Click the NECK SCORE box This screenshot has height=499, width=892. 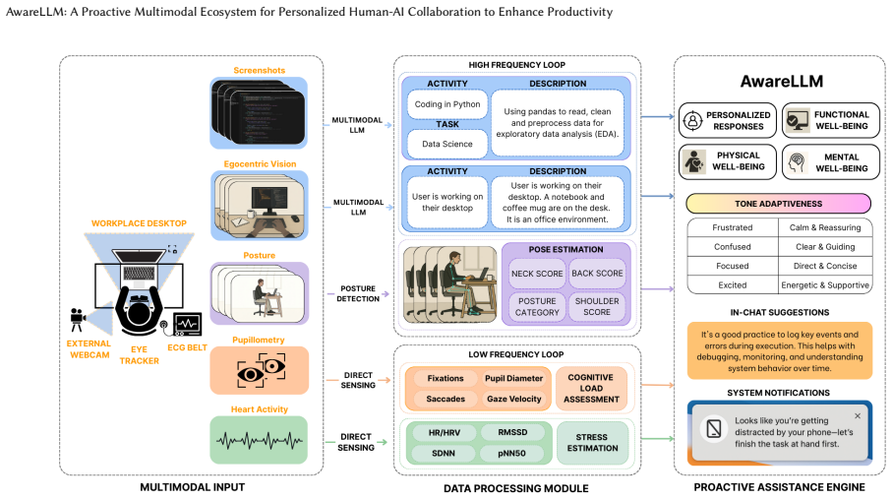[x=537, y=274]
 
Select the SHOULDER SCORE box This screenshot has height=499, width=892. [x=597, y=306]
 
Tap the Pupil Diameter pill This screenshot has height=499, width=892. [x=513, y=378]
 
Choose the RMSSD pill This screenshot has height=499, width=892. [x=512, y=432]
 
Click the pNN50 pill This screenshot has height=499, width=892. [x=512, y=454]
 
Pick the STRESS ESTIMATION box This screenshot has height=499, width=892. [x=592, y=443]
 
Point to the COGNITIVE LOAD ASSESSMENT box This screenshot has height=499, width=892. [x=591, y=389]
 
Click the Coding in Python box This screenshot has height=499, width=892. [x=447, y=104]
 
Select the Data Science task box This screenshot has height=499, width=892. [x=447, y=144]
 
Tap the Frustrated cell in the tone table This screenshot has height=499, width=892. [x=732, y=227]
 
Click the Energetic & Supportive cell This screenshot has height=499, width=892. [x=825, y=284]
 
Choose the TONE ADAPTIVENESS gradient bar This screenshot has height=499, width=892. [x=778, y=204]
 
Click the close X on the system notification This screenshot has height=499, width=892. [x=858, y=415]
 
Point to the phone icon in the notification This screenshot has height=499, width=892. [x=714, y=428]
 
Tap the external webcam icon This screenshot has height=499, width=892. [x=78, y=320]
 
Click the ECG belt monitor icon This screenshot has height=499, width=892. [x=187, y=325]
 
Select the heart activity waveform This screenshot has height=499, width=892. [x=260, y=440]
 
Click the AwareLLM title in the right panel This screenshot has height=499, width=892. [x=782, y=82]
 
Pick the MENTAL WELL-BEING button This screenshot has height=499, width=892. [x=831, y=162]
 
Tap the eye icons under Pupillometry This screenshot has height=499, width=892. [x=262, y=370]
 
